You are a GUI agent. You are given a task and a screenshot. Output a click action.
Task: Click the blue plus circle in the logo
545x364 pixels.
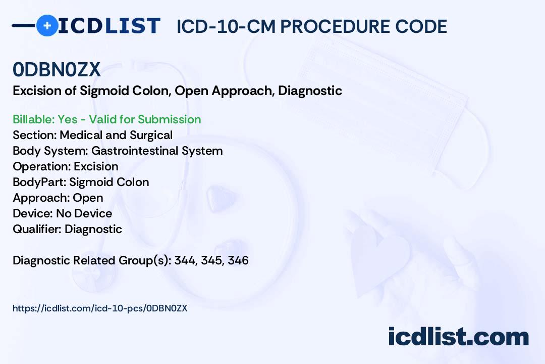[x=47, y=25]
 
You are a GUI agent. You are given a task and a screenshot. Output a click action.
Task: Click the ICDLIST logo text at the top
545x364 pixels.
[x=109, y=25]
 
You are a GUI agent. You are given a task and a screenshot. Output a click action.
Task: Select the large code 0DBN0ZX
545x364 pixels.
[x=57, y=70]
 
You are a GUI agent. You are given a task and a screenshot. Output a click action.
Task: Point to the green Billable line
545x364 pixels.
[x=106, y=119]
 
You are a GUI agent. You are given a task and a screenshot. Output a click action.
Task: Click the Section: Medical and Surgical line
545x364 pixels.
[x=92, y=135]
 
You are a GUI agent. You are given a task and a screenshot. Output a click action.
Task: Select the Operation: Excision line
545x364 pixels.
[x=65, y=166]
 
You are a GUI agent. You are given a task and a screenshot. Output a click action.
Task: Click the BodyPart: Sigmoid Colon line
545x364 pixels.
[x=81, y=182]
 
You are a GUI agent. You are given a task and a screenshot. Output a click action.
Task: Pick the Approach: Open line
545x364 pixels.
[x=58, y=198]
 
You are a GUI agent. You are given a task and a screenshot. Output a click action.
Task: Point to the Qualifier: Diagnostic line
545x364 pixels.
[x=67, y=229]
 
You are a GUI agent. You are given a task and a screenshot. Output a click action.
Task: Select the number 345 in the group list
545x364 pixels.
[x=211, y=260]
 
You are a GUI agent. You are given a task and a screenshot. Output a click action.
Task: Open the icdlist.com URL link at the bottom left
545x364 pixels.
[x=100, y=308]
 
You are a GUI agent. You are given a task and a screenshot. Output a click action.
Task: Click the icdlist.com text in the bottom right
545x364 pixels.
[x=458, y=336]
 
